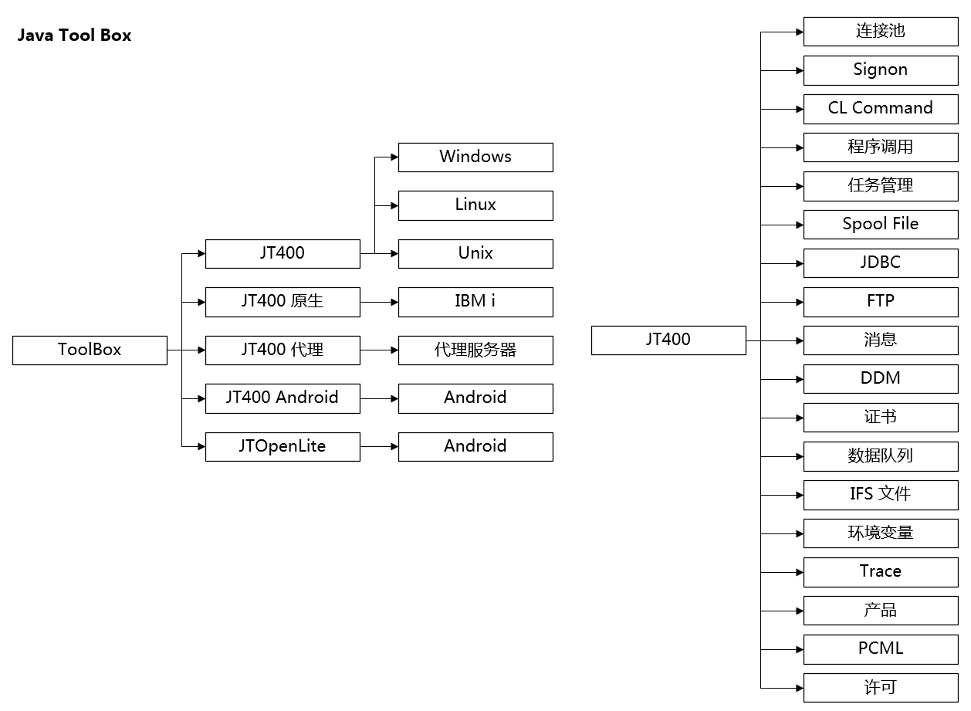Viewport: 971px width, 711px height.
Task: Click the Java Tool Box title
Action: [74, 36]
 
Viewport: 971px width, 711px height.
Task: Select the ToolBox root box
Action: [90, 350]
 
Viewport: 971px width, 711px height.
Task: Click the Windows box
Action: [475, 157]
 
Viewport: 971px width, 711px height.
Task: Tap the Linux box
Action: [475, 205]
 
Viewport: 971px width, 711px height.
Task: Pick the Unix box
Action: [475, 253]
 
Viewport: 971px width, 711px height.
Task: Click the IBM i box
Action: [475, 302]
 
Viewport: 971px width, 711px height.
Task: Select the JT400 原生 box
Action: [283, 302]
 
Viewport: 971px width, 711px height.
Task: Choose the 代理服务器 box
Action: [475, 350]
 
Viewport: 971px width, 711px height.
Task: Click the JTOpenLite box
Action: [283, 446]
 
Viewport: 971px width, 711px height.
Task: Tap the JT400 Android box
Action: [283, 398]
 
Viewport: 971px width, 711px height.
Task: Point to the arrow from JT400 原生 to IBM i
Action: [379, 302]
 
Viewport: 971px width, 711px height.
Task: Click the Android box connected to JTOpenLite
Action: [475, 446]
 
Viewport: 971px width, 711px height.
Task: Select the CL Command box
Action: [881, 109]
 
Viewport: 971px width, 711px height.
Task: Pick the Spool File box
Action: [881, 225]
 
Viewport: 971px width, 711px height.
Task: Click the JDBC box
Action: [881, 263]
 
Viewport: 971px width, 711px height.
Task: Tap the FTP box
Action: [881, 302]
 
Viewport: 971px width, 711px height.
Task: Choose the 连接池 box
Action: [881, 32]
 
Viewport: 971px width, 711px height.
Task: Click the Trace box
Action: [881, 572]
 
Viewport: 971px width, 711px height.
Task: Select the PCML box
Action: [881, 649]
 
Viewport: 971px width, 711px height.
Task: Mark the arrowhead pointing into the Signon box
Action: [799, 70]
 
